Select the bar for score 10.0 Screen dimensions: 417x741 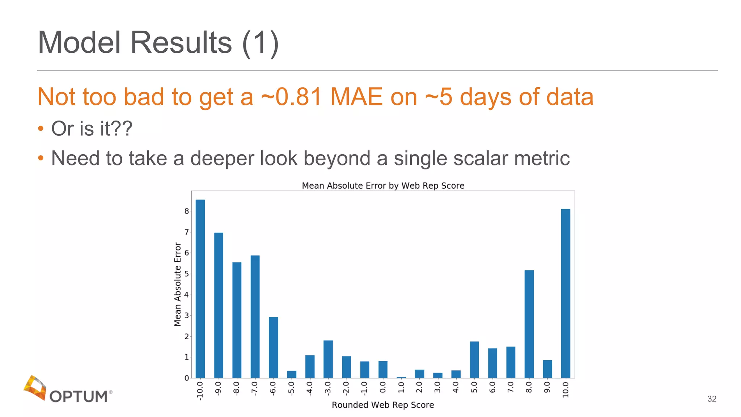tap(566, 293)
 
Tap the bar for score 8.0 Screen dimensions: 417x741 tap(529, 324)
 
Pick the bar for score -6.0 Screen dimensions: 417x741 tap(273, 347)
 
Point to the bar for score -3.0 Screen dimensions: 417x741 tap(328, 359)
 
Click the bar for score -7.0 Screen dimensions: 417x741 tap(255, 316)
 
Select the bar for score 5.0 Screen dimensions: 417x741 tap(474, 359)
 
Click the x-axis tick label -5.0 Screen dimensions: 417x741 tap(291, 388)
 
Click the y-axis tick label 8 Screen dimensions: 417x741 tap(186, 211)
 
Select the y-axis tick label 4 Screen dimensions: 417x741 tap(186, 295)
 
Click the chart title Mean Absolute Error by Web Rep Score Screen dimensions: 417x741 tap(383, 186)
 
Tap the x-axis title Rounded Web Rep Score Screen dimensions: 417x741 tap(383, 405)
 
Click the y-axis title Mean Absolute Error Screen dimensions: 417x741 tap(177, 284)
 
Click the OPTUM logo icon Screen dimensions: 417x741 tap(35, 388)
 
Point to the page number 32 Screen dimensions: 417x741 tap(712, 399)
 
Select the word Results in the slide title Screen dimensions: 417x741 tap(181, 42)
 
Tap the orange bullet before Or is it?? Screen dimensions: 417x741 tap(41, 129)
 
